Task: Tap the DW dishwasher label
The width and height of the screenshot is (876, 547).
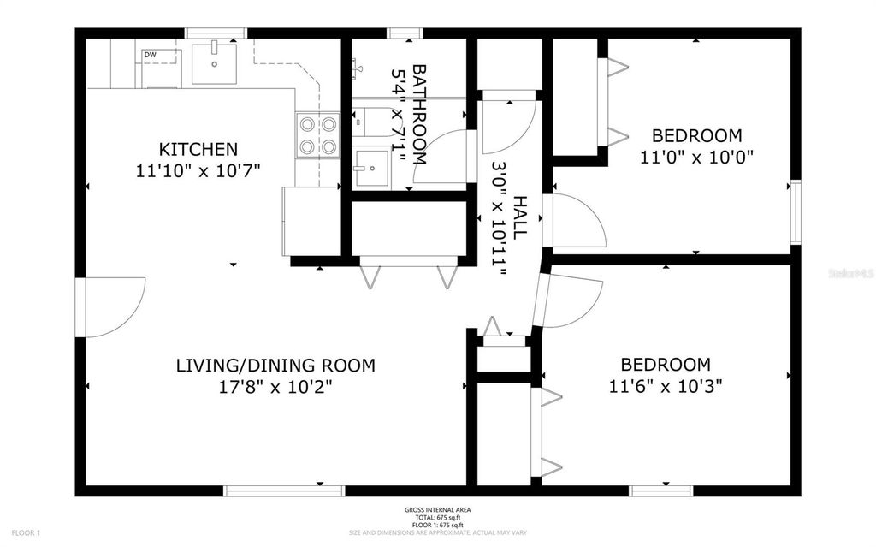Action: tap(150, 55)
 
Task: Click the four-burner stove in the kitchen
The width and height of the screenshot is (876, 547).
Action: tap(317, 135)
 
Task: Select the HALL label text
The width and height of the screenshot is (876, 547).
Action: tap(519, 217)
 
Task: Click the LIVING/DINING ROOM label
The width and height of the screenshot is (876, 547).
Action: tap(275, 366)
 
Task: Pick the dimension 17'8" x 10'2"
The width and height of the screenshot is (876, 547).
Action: tap(275, 386)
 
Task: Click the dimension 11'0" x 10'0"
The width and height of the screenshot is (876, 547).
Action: tap(696, 157)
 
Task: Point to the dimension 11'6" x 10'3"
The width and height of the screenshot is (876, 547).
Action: tap(666, 385)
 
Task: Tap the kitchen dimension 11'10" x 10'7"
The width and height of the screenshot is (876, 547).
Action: tap(198, 169)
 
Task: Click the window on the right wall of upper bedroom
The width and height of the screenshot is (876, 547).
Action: tap(796, 211)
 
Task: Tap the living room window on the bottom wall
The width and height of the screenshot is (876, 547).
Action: tap(284, 491)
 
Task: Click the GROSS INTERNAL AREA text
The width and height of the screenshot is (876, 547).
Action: tap(437, 510)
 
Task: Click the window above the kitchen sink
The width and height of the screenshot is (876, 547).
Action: tap(216, 33)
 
